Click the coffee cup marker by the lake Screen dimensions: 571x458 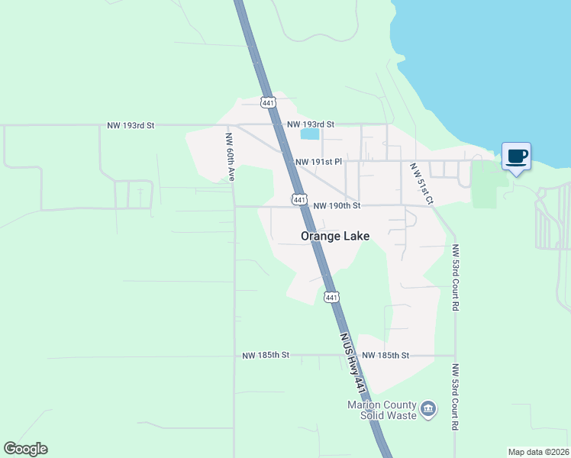pyautogui.click(x=516, y=156)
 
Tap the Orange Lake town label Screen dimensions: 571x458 pyautogui.click(x=335, y=236)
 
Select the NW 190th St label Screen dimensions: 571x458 pyautogui.click(x=336, y=205)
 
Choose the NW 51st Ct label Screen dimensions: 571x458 pyautogui.click(x=421, y=183)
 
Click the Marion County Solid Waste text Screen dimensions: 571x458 pyautogui.click(x=382, y=410)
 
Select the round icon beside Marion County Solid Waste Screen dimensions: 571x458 pyautogui.click(x=428, y=410)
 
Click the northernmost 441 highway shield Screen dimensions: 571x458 pyautogui.click(x=267, y=102)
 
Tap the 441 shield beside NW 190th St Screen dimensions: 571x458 pyautogui.click(x=299, y=199)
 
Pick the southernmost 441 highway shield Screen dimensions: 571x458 pyautogui.click(x=331, y=298)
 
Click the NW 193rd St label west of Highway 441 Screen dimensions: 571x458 pyautogui.click(x=131, y=124)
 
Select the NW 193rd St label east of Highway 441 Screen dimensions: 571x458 pyautogui.click(x=311, y=124)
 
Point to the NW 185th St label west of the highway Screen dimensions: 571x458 pyautogui.click(x=266, y=356)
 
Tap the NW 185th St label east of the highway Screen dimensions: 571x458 pyautogui.click(x=386, y=356)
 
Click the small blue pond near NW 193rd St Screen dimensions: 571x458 pyautogui.click(x=310, y=134)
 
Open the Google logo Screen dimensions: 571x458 pyautogui.click(x=25, y=449)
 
